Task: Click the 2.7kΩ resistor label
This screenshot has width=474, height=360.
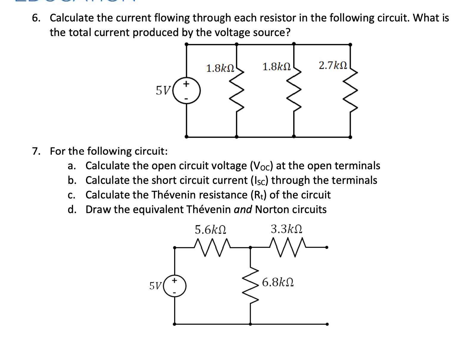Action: [333, 65]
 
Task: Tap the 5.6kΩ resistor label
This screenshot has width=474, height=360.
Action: [211, 229]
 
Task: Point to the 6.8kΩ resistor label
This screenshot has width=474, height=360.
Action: [278, 282]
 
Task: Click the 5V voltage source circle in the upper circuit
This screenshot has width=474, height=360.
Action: [187, 91]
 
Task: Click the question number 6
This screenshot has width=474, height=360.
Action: [36, 18]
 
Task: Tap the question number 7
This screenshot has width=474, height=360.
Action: [36, 151]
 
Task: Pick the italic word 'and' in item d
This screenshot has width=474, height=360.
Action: [243, 210]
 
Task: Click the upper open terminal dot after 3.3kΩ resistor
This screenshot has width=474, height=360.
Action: [327, 247]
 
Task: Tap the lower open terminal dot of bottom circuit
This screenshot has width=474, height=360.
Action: [327, 324]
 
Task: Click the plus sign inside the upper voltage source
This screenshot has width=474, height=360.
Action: [186, 84]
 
